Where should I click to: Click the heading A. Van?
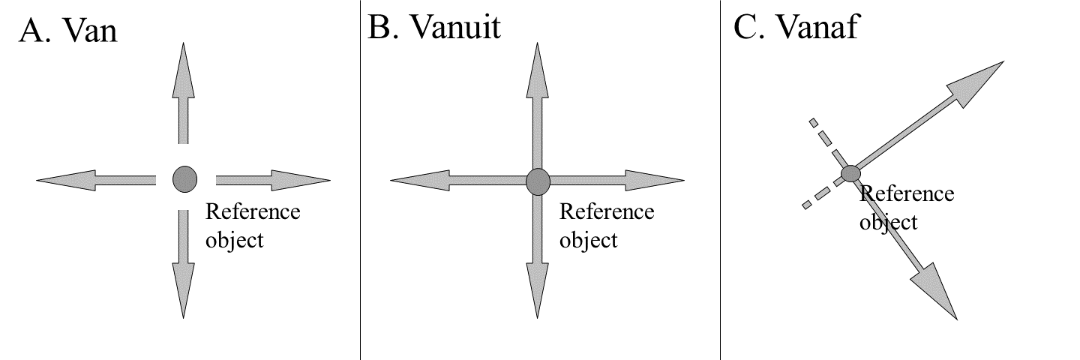pyautogui.click(x=68, y=31)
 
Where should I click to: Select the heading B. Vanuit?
pyautogui.click(x=434, y=28)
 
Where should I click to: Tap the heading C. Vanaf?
pyautogui.click(x=796, y=28)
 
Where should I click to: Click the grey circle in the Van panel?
pyautogui.click(x=184, y=179)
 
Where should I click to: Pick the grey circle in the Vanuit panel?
pyautogui.click(x=538, y=181)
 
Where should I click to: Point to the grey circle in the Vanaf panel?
pyautogui.click(x=850, y=174)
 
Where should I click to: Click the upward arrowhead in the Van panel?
pyautogui.click(x=183, y=71)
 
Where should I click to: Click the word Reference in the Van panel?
pyautogui.click(x=253, y=211)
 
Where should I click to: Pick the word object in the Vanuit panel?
pyautogui.click(x=588, y=241)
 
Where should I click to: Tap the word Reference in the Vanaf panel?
pyautogui.click(x=907, y=194)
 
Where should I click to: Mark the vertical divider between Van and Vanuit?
pyautogui.click(x=360, y=180)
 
